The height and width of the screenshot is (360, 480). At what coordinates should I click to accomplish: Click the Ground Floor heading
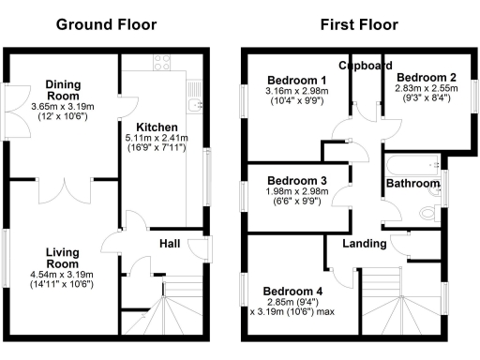click(107, 24)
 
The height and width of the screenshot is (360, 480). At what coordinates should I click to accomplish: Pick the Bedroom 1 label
click(296, 79)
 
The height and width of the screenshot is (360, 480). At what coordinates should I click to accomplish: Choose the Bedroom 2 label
click(426, 77)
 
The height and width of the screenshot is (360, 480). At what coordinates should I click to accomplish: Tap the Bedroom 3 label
click(296, 180)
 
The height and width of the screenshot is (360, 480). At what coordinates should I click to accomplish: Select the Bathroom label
click(412, 185)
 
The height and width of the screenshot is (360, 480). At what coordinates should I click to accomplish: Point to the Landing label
click(364, 244)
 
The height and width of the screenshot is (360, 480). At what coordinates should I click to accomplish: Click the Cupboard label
click(365, 66)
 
